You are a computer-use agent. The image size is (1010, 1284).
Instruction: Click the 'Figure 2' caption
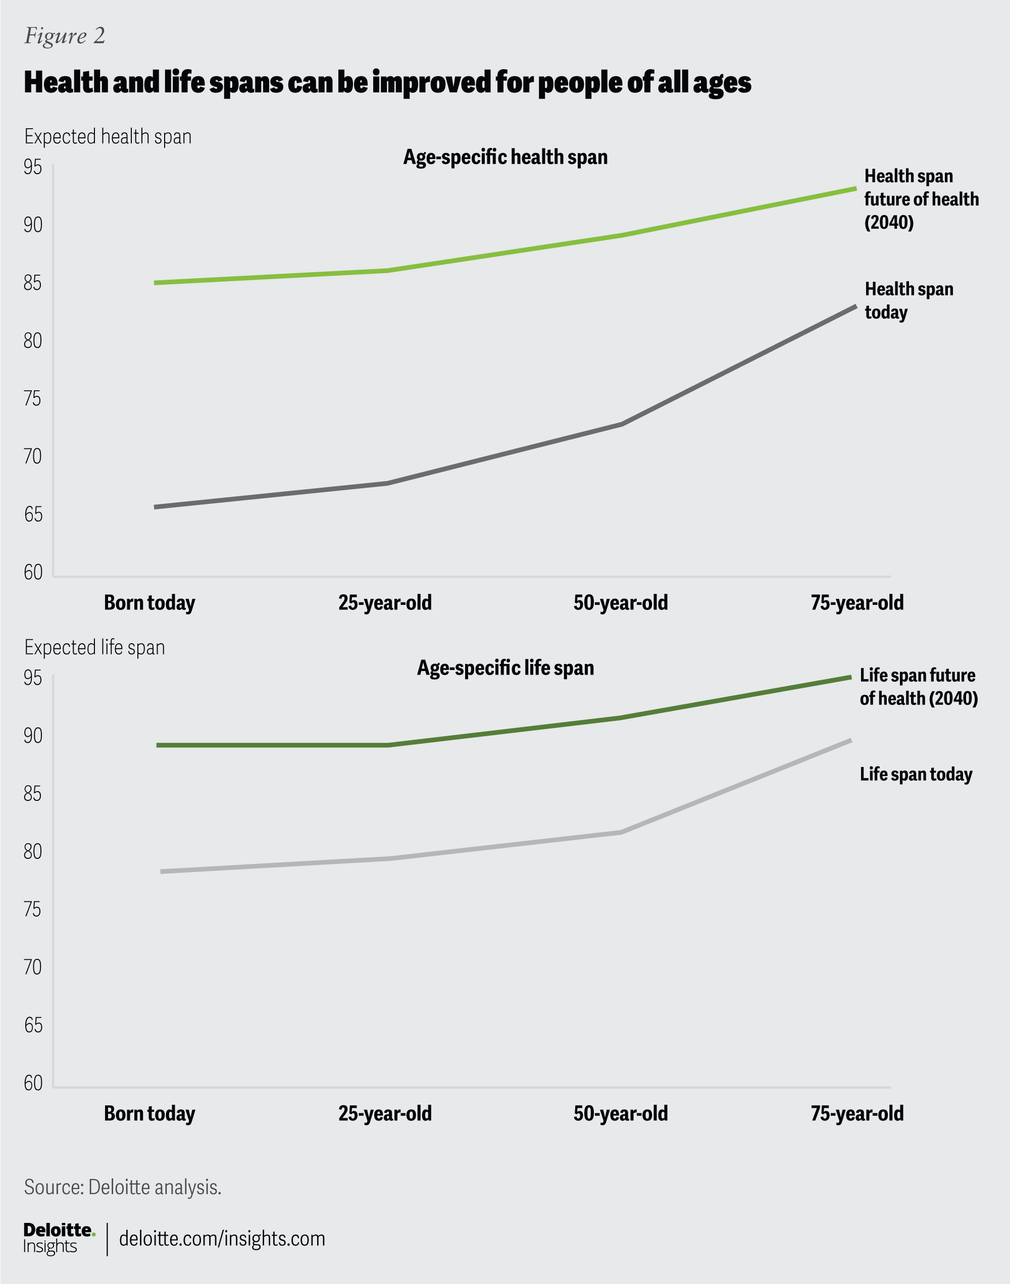coord(65,36)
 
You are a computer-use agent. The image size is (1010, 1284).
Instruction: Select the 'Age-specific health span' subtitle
coord(505,157)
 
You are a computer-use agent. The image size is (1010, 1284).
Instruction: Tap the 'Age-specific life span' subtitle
coord(505,668)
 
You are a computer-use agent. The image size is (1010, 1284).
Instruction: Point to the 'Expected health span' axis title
coord(108,136)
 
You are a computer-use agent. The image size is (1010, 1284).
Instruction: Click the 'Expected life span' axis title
coord(94,647)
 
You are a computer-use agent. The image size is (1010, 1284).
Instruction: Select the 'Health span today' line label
coord(908,300)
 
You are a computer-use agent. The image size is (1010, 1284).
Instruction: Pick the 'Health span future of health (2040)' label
coord(921,199)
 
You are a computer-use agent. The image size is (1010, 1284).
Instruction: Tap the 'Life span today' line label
coord(916,775)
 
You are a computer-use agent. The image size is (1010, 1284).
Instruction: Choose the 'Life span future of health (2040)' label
coord(919,687)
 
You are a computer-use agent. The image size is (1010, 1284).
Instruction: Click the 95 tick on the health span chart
coord(33,167)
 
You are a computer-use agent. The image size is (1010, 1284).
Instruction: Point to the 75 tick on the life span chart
coord(33,909)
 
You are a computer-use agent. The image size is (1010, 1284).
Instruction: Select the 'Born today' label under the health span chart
coord(149,603)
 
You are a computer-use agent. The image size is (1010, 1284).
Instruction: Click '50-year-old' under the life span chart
coord(620,1114)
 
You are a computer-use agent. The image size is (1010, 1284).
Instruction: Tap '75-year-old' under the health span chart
coord(857,603)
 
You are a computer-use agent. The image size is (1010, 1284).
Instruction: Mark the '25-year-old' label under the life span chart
coord(385,1114)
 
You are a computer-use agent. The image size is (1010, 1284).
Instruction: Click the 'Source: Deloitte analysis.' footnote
coord(122,1187)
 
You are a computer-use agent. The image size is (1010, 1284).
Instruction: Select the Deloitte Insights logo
coord(59,1238)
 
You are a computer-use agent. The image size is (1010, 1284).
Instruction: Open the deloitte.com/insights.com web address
coord(222,1239)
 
